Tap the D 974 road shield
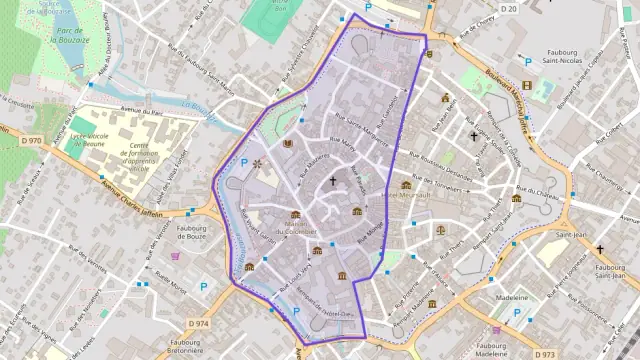(x=199, y=323)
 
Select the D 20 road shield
(x=509, y=9)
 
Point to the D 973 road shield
(x=544, y=354)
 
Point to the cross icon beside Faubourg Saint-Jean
(x=600, y=249)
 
